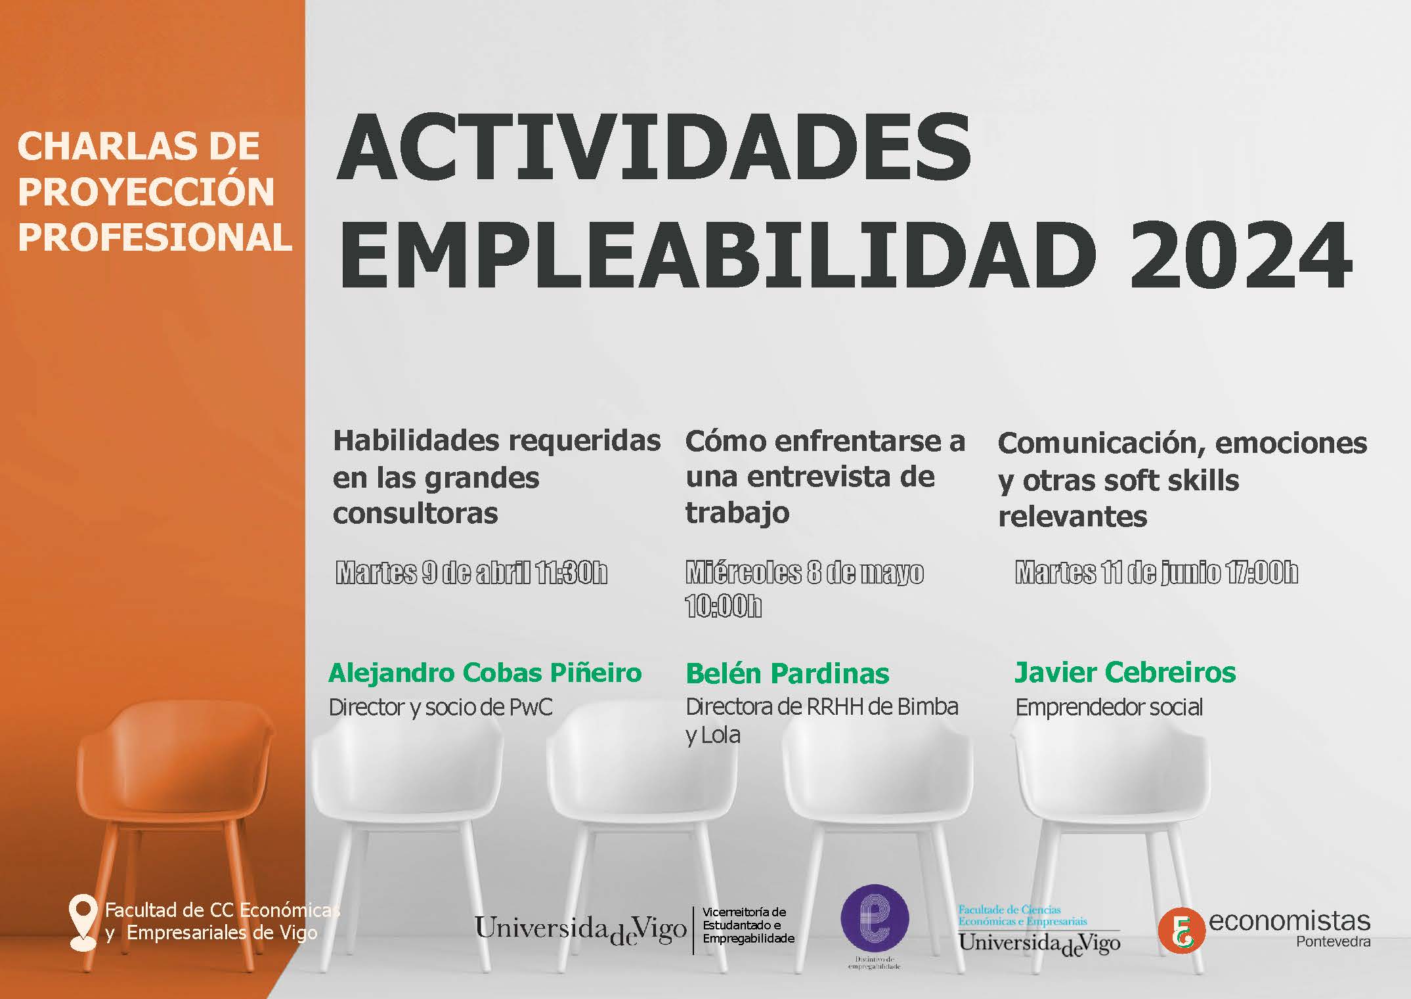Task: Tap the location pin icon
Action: pyautogui.click(x=83, y=922)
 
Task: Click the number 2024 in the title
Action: pyautogui.click(x=1240, y=256)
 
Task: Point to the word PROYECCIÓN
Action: pyautogui.click(x=146, y=192)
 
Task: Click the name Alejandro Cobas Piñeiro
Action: pyautogui.click(x=485, y=673)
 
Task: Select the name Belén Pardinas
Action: pyautogui.click(x=787, y=673)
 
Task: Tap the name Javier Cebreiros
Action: pyautogui.click(x=1125, y=672)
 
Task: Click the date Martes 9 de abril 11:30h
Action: pyautogui.click(x=471, y=572)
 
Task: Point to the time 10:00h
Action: pyautogui.click(x=724, y=606)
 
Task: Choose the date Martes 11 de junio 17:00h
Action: pyautogui.click(x=1157, y=572)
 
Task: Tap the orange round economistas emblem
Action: pyautogui.click(x=1181, y=931)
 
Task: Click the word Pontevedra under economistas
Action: pyautogui.click(x=1334, y=942)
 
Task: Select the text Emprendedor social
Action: pyautogui.click(x=1109, y=707)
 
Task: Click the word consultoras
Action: pyautogui.click(x=415, y=513)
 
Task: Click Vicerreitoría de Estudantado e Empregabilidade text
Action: pyautogui.click(x=749, y=925)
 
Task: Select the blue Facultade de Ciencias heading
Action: pyautogui.click(x=1009, y=909)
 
